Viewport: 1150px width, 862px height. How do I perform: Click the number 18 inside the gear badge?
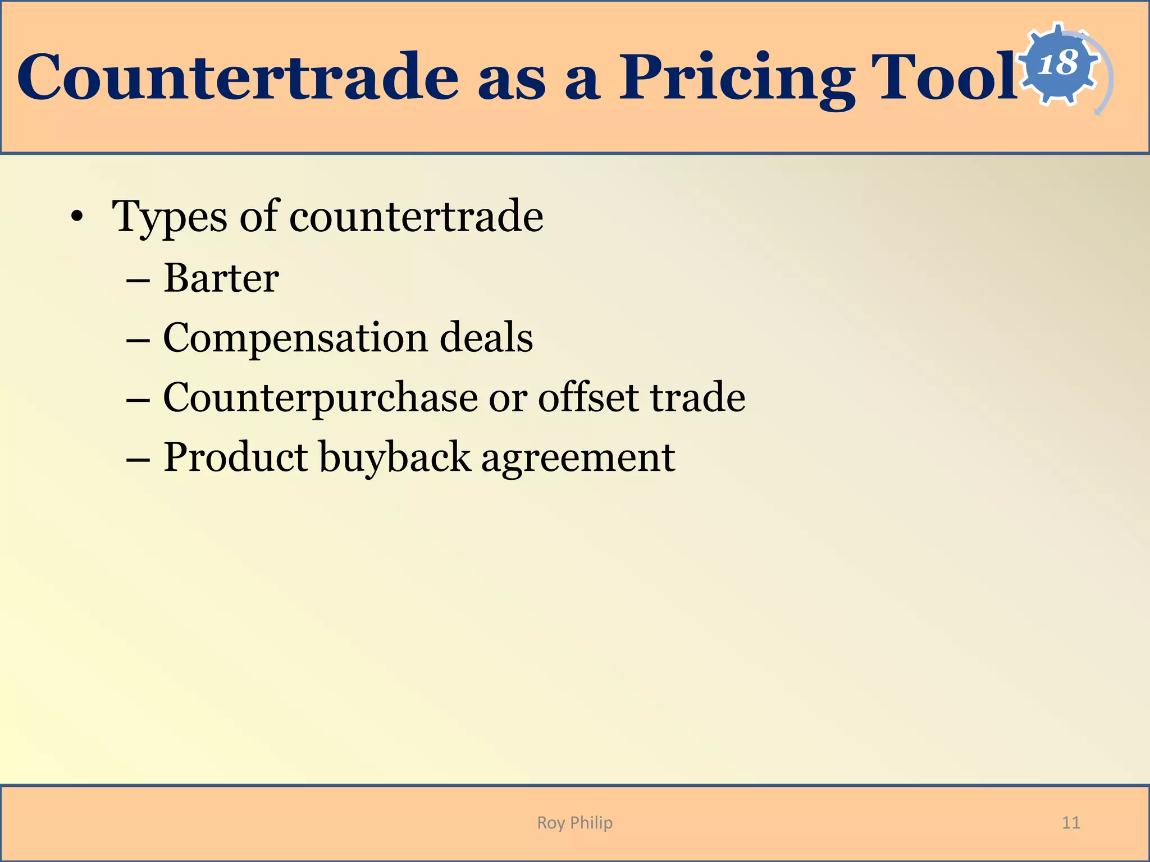[1058, 63]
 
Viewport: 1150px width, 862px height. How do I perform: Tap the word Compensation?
[295, 339]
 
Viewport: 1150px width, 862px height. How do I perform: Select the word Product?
[236, 457]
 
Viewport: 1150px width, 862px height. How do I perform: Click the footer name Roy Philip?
[574, 823]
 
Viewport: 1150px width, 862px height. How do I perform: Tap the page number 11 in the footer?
[1071, 823]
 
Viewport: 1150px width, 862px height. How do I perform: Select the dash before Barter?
[138, 279]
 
